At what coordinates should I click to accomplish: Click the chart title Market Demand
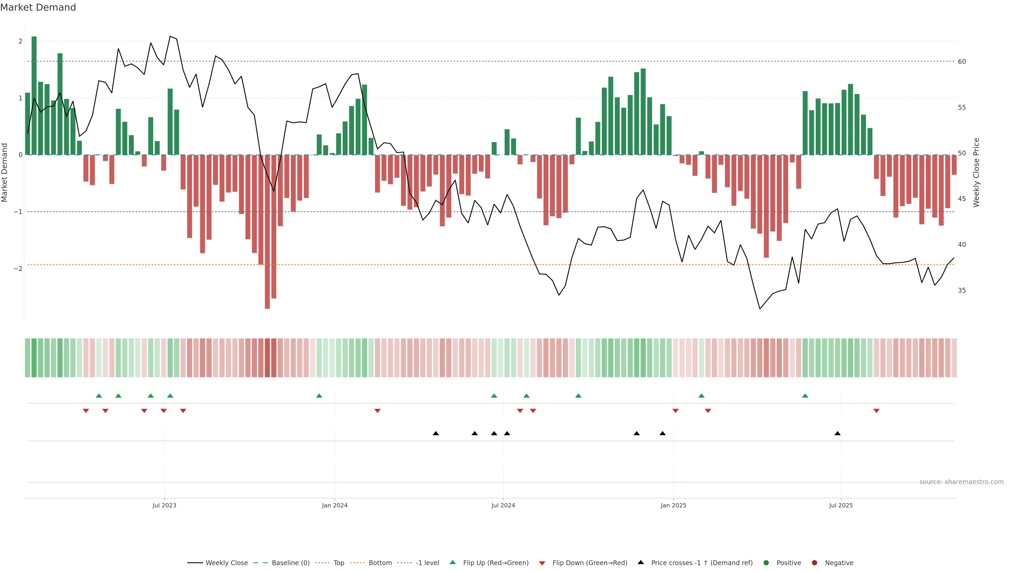(x=38, y=7)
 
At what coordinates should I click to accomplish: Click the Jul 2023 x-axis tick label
(x=164, y=505)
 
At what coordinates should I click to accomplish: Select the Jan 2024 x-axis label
(x=334, y=505)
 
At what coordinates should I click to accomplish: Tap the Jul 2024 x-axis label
(x=503, y=505)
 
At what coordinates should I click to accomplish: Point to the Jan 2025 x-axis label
(x=673, y=505)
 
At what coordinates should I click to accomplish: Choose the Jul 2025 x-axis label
(x=841, y=505)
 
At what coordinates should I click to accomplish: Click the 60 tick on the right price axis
(x=962, y=62)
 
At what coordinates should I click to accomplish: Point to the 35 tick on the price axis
(x=962, y=291)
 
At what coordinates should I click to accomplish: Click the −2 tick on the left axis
(x=18, y=269)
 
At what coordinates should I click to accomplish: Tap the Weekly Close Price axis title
(x=976, y=172)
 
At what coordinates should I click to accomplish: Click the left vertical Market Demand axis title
(x=5, y=172)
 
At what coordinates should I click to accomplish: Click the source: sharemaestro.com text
(x=961, y=482)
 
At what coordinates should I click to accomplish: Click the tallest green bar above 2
(x=34, y=95)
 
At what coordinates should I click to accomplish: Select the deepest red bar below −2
(x=267, y=233)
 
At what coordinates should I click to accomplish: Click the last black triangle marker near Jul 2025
(x=837, y=434)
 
